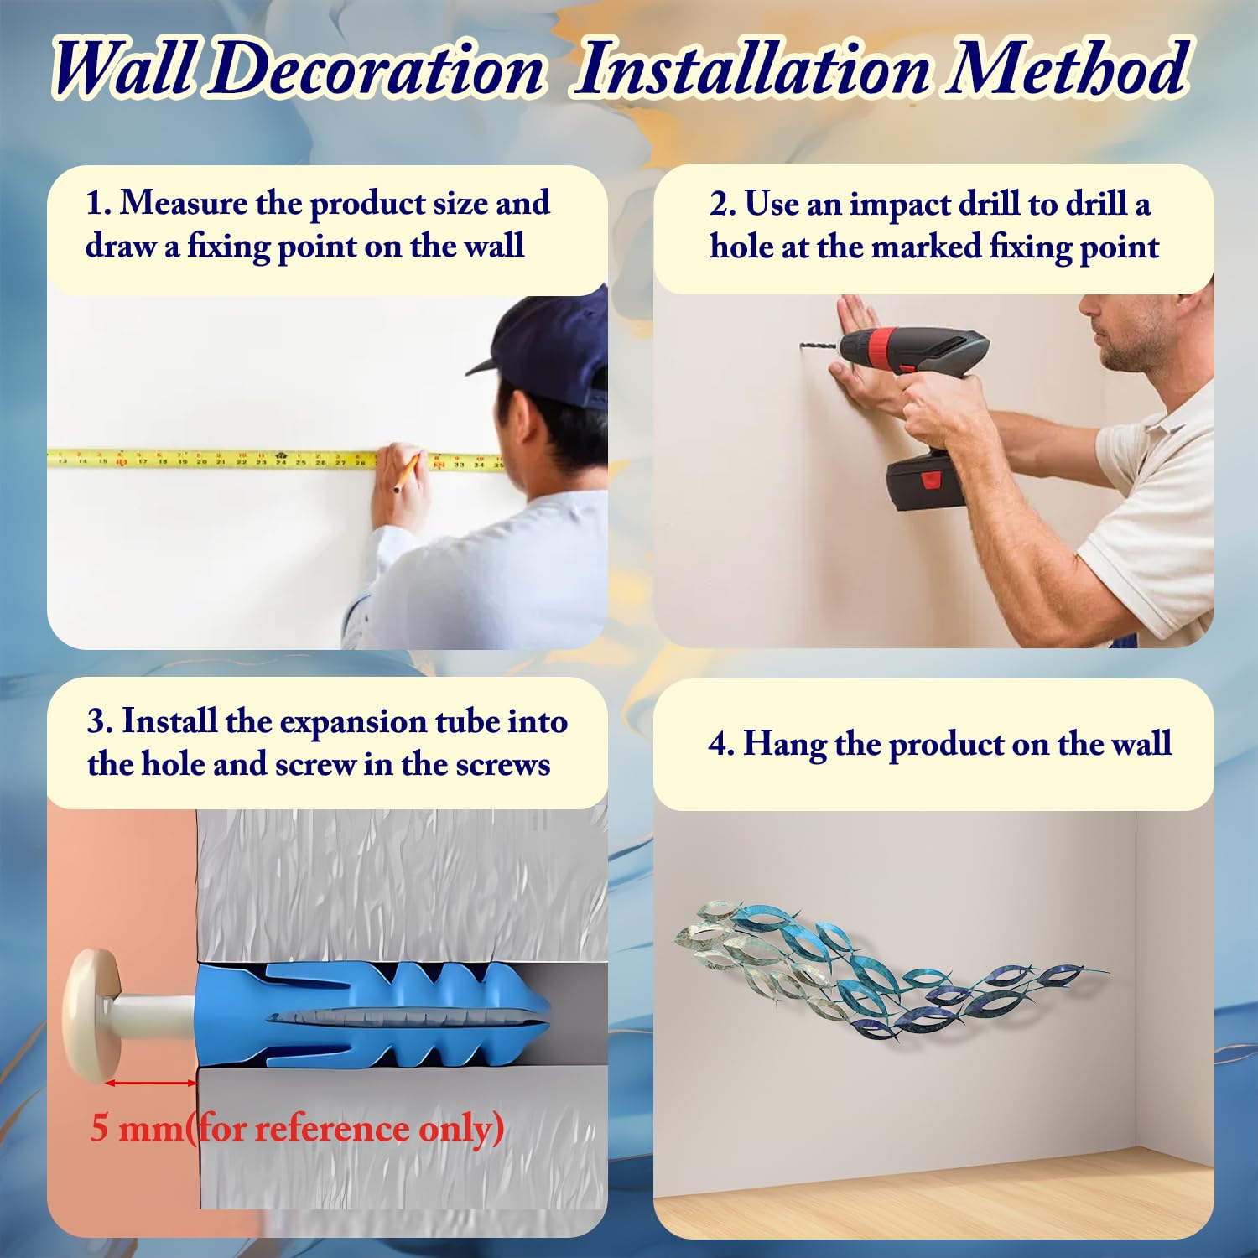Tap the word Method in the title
click(1068, 69)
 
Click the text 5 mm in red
click(136, 1128)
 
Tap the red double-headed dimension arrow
click(151, 1083)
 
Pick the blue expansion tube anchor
click(373, 1015)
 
